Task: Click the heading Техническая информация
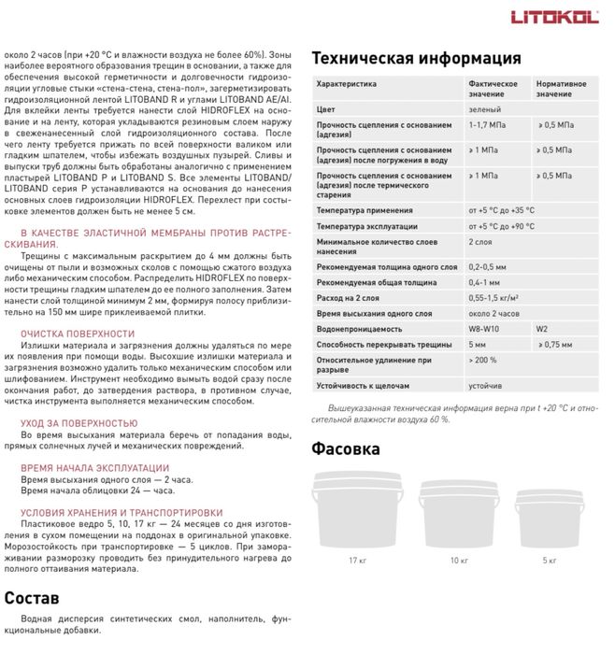click(416, 57)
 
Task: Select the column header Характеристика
click(347, 83)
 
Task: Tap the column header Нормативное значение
click(562, 89)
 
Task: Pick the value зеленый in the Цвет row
click(483, 110)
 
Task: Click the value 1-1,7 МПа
click(490, 124)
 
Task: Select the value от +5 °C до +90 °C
click(501, 226)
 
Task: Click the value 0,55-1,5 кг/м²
click(493, 297)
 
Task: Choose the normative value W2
click(543, 329)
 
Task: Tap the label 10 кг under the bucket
click(459, 560)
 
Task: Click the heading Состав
click(32, 598)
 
